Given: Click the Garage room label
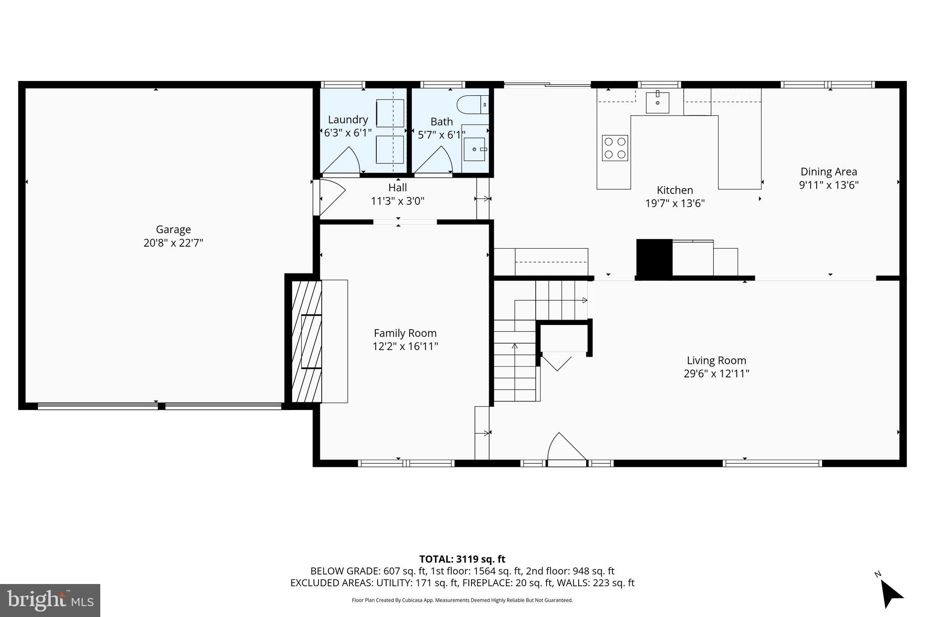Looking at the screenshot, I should click(173, 230).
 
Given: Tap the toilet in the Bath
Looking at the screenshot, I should click(472, 104).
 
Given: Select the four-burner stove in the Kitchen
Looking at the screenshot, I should click(615, 148).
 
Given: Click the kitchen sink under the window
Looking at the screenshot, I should click(657, 102).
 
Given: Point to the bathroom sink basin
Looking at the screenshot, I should click(474, 149).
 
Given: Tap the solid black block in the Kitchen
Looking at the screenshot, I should click(654, 258).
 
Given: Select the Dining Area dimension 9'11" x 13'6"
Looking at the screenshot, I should click(828, 185).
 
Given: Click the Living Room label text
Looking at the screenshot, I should click(716, 360).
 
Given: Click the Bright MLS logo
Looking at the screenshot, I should click(50, 600).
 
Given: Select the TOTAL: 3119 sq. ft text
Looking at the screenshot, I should click(462, 559).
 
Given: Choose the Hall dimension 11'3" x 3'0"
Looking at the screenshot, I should click(397, 201).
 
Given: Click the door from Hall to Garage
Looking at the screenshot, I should click(330, 198).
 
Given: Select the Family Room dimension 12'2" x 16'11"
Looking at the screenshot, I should click(405, 346).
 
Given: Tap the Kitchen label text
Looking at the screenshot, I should click(675, 190).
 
